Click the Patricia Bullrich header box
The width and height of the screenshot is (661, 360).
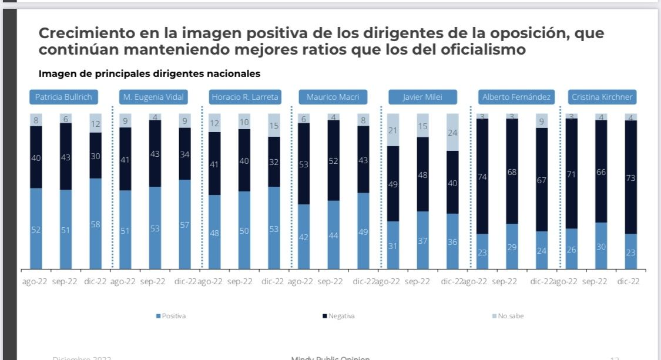pyautogui.click(x=63, y=97)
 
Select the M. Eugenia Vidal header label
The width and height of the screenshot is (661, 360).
pyautogui.click(x=153, y=97)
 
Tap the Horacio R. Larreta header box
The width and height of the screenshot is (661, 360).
pyautogui.click(x=245, y=97)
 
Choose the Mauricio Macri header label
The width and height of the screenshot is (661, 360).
pyautogui.click(x=333, y=97)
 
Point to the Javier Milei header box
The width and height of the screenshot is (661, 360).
pyautogui.click(x=422, y=97)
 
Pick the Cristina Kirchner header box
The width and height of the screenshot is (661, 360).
pyautogui.click(x=602, y=97)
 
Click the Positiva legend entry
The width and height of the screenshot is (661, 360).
pyautogui.click(x=171, y=316)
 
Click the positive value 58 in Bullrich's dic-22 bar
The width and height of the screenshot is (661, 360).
pyautogui.click(x=96, y=225)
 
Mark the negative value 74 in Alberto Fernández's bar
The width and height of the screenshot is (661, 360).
pyautogui.click(x=482, y=177)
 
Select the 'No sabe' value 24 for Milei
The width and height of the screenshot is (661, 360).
pyautogui.click(x=452, y=133)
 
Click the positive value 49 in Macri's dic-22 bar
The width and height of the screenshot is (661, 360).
pyautogui.click(x=363, y=232)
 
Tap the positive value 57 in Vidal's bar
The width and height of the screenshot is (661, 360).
pyautogui.click(x=184, y=225)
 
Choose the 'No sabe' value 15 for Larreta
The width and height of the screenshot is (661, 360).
pyautogui.click(x=274, y=126)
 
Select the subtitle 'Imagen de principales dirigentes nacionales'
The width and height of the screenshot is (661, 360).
pyautogui.click(x=149, y=74)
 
